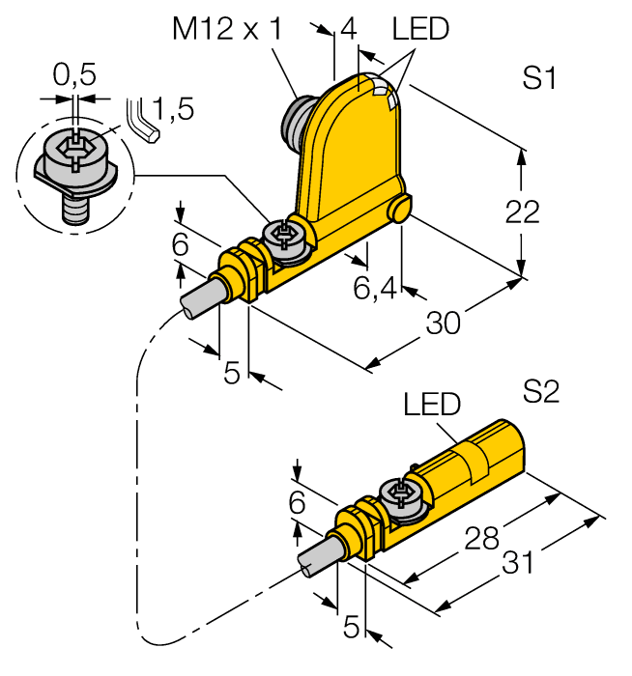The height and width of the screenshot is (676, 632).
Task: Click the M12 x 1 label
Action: pos(227,30)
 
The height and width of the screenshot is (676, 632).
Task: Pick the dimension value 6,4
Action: pos(375,287)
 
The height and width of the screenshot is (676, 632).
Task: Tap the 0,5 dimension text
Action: pos(74,74)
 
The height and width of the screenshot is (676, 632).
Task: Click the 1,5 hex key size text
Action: pos(174,109)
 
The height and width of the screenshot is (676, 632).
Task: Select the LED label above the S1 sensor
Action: pos(420,30)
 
